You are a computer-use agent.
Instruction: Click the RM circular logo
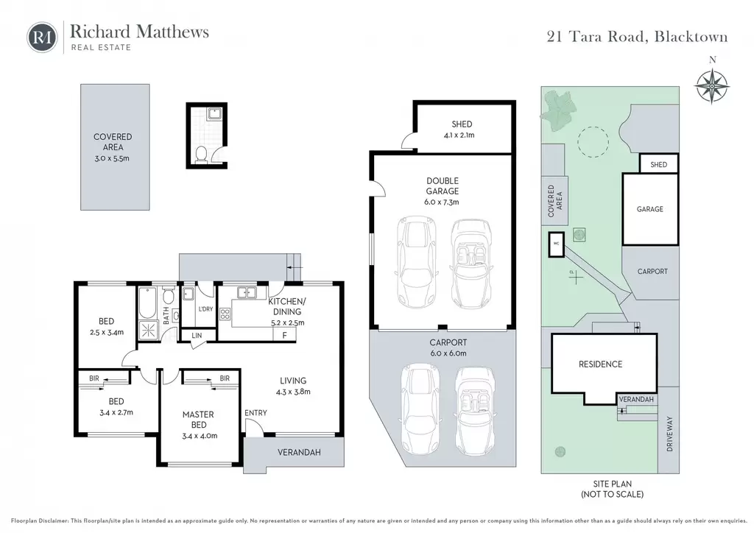pyautogui.click(x=42, y=37)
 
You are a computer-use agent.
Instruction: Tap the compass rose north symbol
pyautogui.click(x=712, y=85)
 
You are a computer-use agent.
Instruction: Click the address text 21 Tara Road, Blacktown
pyautogui.click(x=637, y=37)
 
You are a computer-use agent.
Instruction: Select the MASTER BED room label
pyautogui.click(x=198, y=420)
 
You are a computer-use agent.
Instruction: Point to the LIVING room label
pyautogui.click(x=293, y=381)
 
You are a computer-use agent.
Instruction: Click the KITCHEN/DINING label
pyautogui.click(x=287, y=306)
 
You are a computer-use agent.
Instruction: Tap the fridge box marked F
pyautogui.click(x=284, y=334)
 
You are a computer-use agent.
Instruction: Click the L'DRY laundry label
pyautogui.click(x=205, y=309)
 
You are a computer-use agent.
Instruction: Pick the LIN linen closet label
pyautogui.click(x=197, y=335)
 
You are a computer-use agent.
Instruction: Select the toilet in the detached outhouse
pyautogui.click(x=202, y=155)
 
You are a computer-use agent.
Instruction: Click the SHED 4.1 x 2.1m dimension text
pyautogui.click(x=459, y=135)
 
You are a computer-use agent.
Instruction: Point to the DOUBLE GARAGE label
pyautogui.click(x=443, y=186)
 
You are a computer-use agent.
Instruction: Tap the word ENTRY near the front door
pyautogui.click(x=256, y=413)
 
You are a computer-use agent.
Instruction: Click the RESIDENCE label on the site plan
pyautogui.click(x=600, y=364)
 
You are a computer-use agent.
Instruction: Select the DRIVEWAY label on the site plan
pyautogui.click(x=670, y=434)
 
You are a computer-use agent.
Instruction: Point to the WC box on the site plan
pyautogui.click(x=557, y=244)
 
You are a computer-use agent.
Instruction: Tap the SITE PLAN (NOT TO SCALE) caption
pyautogui.click(x=612, y=489)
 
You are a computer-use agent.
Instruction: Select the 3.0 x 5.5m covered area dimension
pyautogui.click(x=112, y=158)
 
